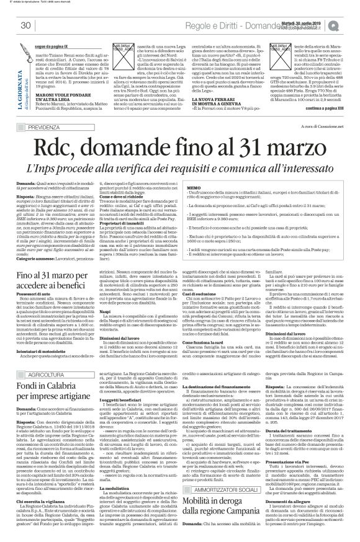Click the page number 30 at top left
pyautogui.click(x=25, y=24)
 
